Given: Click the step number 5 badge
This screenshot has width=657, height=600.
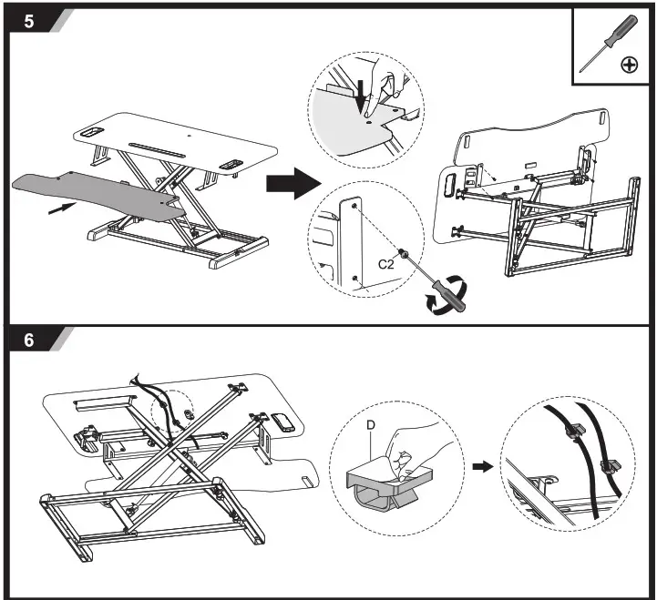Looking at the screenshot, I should pyautogui.click(x=29, y=20).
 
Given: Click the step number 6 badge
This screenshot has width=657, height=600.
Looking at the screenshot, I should pyautogui.click(x=29, y=340).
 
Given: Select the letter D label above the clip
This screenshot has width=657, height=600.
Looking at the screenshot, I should pyautogui.click(x=369, y=424).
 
